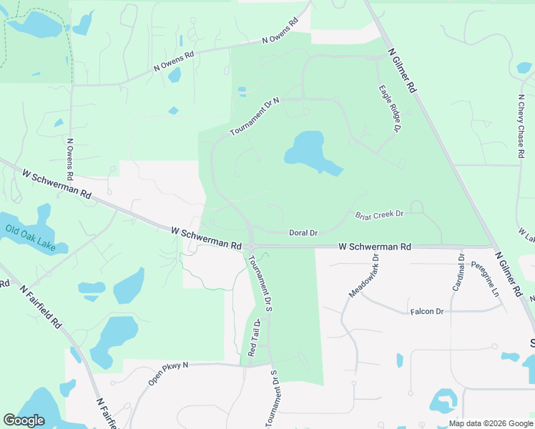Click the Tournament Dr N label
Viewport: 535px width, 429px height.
pyautogui.click(x=255, y=118)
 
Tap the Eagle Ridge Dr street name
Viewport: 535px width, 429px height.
pyautogui.click(x=388, y=108)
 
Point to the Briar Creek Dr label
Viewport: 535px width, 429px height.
pyautogui.click(x=380, y=214)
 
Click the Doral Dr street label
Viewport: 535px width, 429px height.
pyautogui.click(x=303, y=232)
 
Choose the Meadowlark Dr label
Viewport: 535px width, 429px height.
pyautogui.click(x=364, y=275)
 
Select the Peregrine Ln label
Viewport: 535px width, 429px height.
pyautogui.click(x=485, y=279)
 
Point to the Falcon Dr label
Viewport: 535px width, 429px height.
pyautogui.click(x=427, y=312)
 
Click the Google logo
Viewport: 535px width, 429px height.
pyautogui.click(x=24, y=420)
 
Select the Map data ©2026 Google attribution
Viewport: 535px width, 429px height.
pyautogui.click(x=490, y=423)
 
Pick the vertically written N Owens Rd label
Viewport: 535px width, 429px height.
pyautogui.click(x=70, y=159)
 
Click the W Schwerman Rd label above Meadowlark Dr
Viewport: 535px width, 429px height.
pyautogui.click(x=375, y=247)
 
